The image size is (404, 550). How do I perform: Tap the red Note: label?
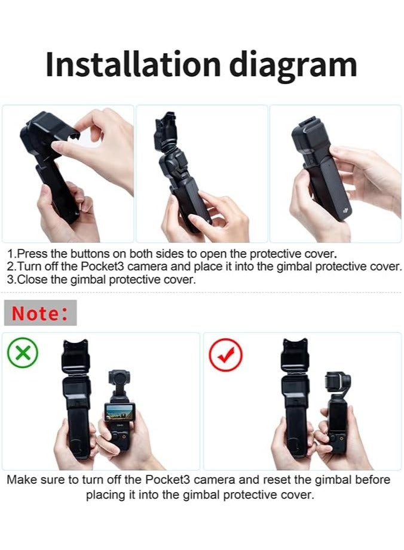pyautogui.click(x=41, y=313)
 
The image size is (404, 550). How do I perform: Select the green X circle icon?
pyautogui.click(x=23, y=354)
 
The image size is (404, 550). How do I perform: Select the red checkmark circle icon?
pyautogui.click(x=225, y=354)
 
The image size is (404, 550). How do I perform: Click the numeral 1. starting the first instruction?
pyautogui.click(x=12, y=253)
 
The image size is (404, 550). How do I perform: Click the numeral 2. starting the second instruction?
pyautogui.click(x=12, y=266)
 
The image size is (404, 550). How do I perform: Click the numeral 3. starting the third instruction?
pyautogui.click(x=12, y=280)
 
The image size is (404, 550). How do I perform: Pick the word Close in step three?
pyautogui.click(x=32, y=280)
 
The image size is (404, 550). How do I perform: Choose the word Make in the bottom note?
pyautogui.click(x=21, y=480)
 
